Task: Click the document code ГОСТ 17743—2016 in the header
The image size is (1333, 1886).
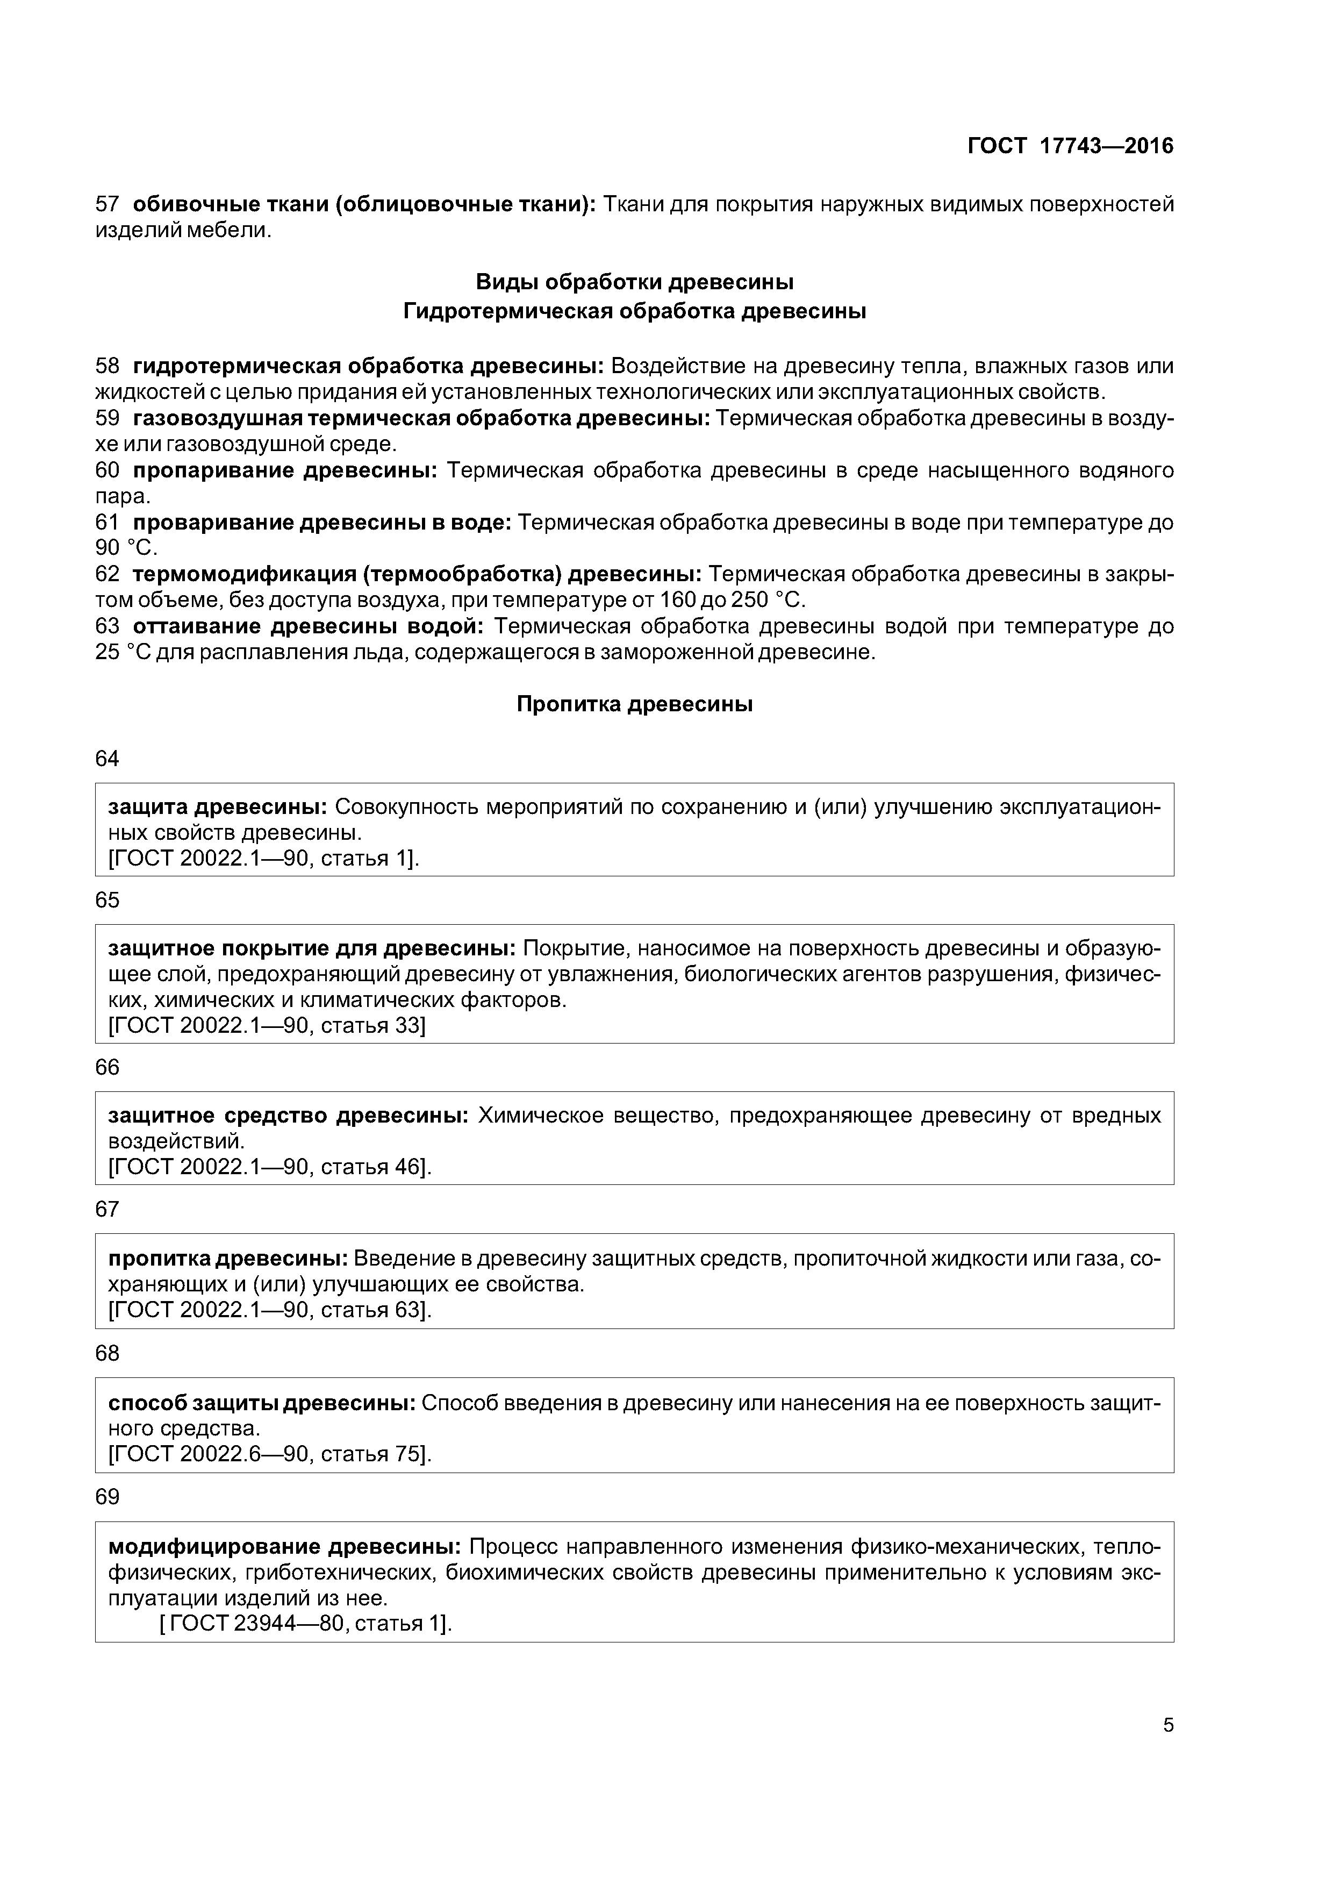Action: [1070, 146]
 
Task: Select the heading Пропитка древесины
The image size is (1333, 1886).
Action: [634, 704]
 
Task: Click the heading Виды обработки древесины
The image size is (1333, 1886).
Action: [634, 283]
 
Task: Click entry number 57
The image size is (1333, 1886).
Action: [107, 204]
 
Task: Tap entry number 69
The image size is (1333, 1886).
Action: [107, 1497]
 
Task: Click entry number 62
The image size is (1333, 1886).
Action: [107, 574]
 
